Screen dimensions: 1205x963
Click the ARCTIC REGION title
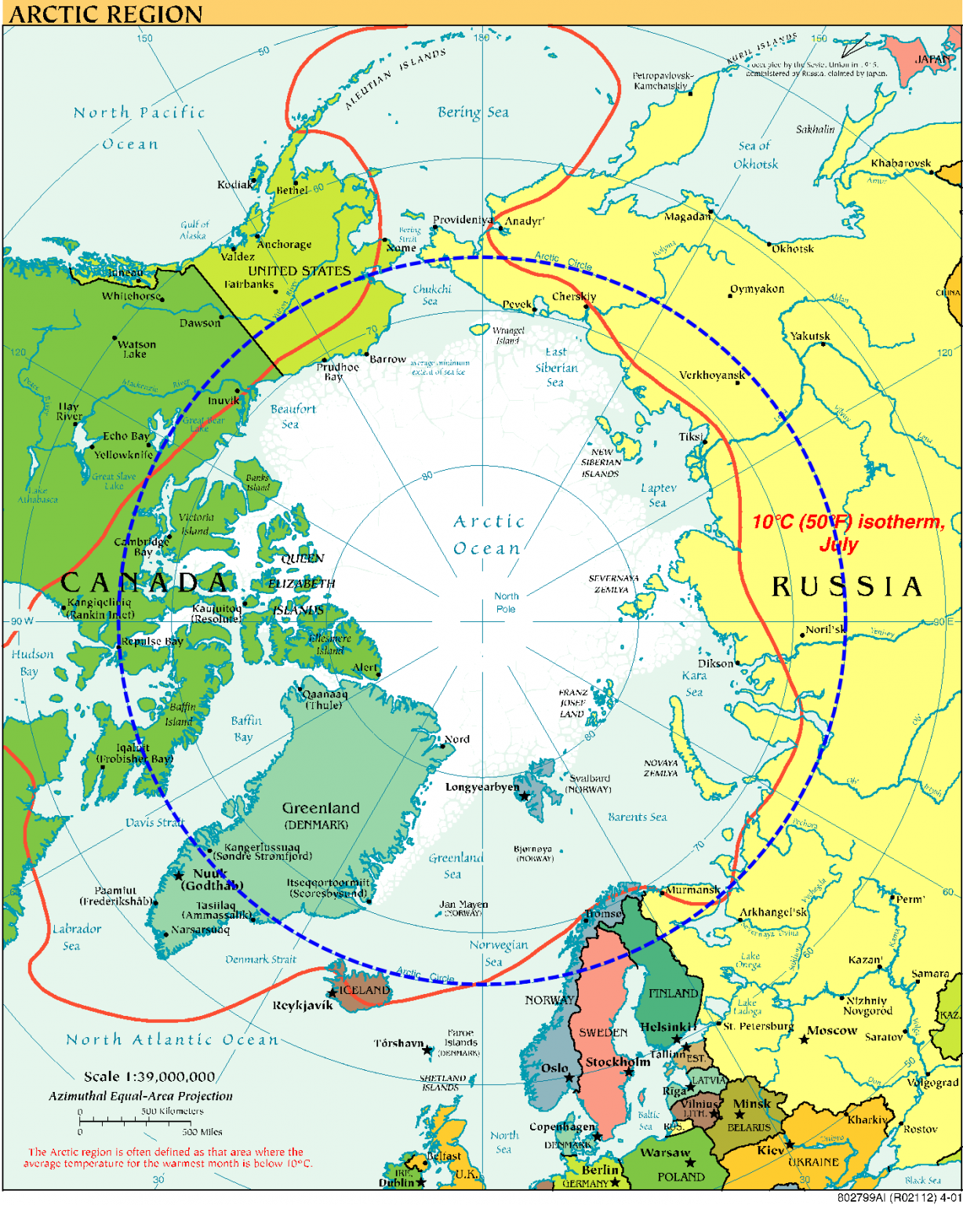point(106,13)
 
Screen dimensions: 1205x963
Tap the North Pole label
point(506,602)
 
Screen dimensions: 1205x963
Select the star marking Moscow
point(804,1039)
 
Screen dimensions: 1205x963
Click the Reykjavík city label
point(303,1006)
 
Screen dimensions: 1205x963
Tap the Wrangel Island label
point(507,336)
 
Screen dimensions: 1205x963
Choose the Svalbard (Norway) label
point(589,784)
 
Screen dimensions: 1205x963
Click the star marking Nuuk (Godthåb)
point(179,876)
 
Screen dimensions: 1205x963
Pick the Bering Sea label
point(473,113)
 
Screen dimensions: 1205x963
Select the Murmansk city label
point(692,890)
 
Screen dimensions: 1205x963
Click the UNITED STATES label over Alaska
point(299,271)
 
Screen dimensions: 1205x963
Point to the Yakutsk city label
point(810,336)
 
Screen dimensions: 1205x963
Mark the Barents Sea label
point(637,817)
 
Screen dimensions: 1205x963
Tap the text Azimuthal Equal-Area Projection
point(140,1096)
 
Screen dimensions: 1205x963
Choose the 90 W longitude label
point(22,621)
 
